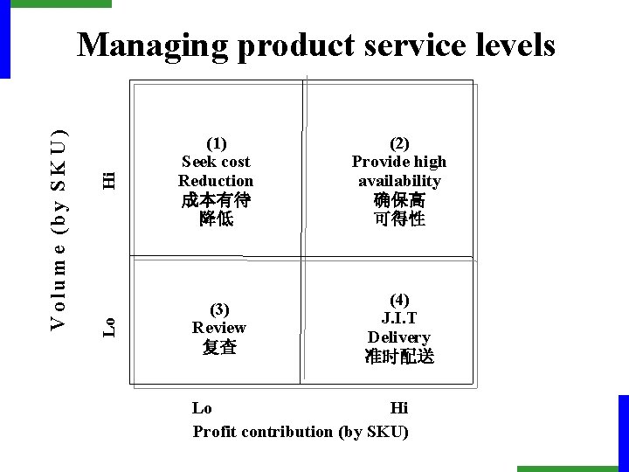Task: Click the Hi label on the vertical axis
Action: click(x=108, y=178)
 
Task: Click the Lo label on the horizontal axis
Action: click(x=202, y=408)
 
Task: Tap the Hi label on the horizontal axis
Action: click(x=399, y=408)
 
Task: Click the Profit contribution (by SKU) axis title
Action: click(x=301, y=431)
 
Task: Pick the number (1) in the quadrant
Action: click(x=215, y=142)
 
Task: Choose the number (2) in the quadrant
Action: click(x=398, y=142)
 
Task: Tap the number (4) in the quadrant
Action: click(x=398, y=300)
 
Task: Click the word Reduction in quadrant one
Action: click(x=215, y=180)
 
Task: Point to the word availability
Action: click(x=398, y=180)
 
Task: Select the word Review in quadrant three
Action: click(x=218, y=328)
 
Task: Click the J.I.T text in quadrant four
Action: click(x=398, y=318)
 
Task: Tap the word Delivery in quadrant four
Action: click(x=398, y=337)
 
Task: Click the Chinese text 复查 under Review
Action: click(x=218, y=347)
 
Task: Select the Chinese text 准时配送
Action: click(x=398, y=357)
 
